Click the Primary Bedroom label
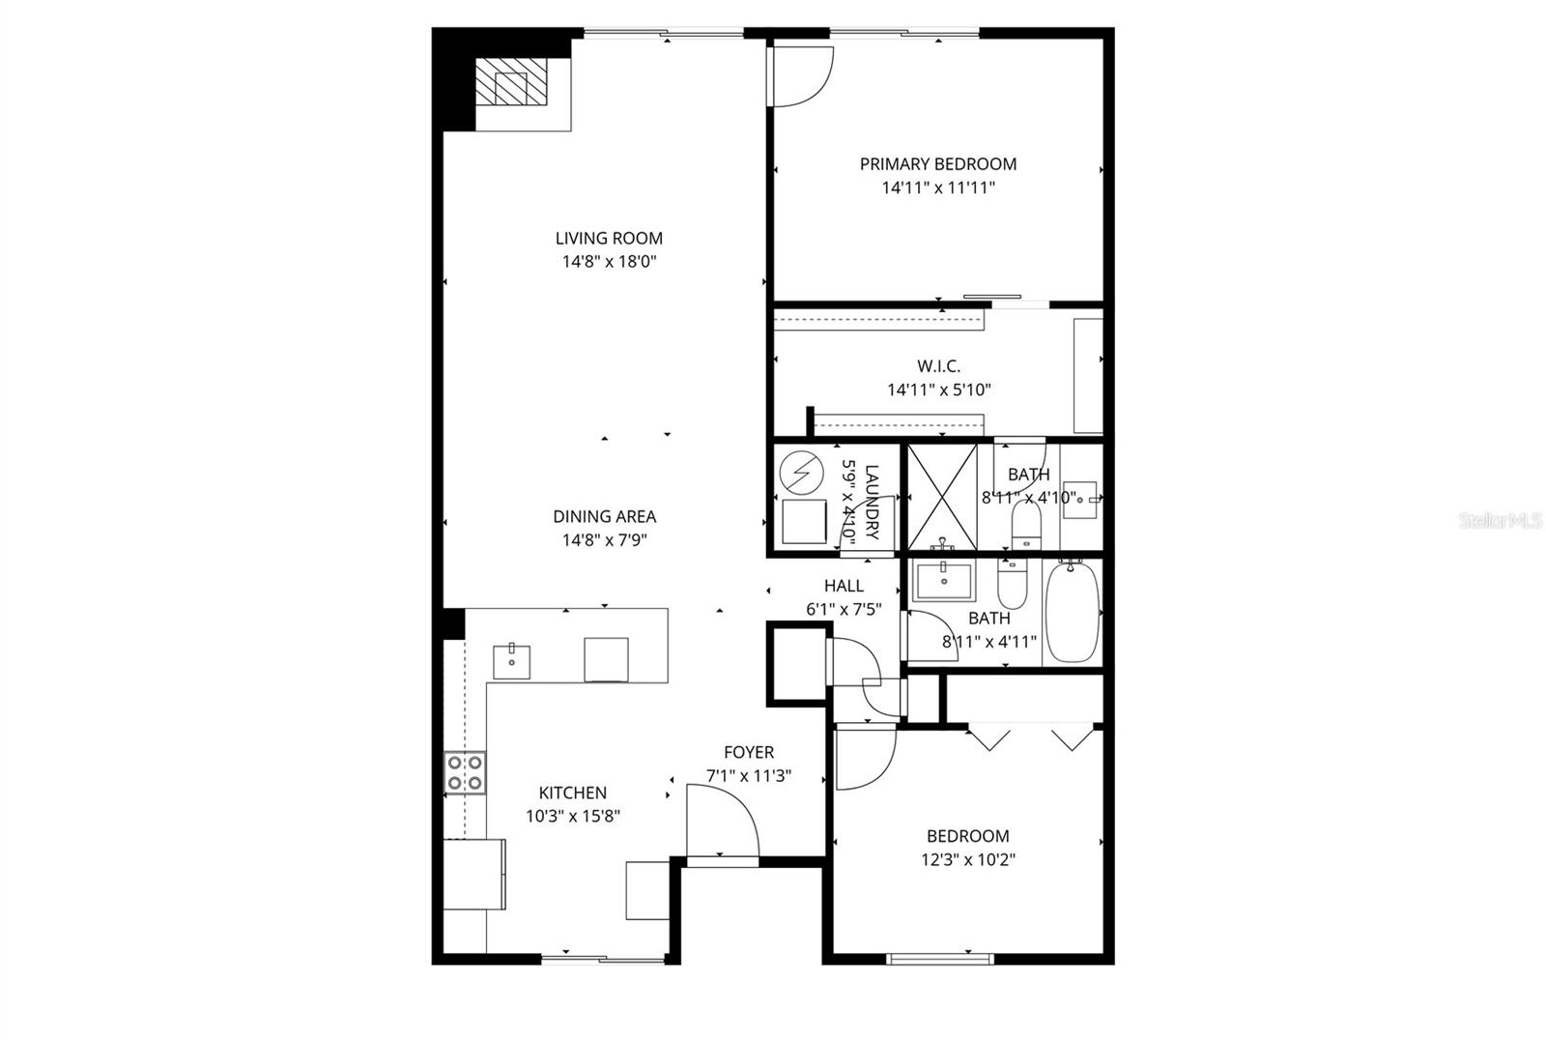937,164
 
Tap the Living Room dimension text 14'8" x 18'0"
609,261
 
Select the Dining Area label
604,516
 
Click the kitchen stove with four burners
465,772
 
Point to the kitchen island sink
511,661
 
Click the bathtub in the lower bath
1072,613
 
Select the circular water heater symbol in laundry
798,471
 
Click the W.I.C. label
939,366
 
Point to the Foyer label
749,752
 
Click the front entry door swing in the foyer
722,821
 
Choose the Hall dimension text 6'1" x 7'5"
844,609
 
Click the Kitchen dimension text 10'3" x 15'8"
572,816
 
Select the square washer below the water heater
804,522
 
